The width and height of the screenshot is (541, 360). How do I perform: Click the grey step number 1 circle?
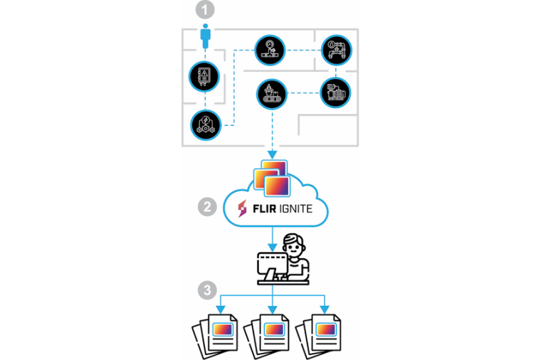tap(204, 11)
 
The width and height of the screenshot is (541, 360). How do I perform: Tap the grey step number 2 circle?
tap(206, 208)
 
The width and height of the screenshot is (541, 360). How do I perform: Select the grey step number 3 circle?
tap(206, 290)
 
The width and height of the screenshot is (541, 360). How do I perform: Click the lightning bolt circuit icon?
tap(206, 125)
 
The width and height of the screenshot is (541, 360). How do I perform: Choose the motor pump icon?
tap(335, 92)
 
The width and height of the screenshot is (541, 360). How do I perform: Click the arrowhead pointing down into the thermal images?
tap(271, 156)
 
